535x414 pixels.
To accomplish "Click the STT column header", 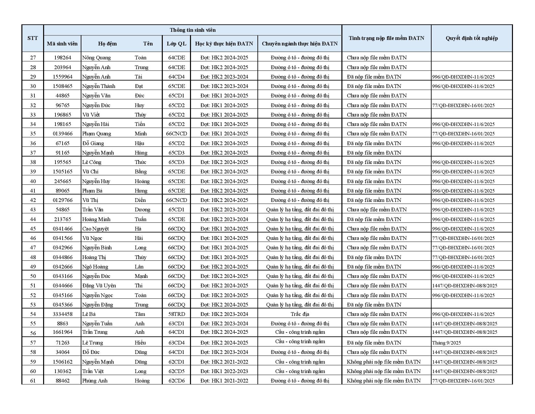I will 32,38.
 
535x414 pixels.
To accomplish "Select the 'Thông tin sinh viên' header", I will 193,30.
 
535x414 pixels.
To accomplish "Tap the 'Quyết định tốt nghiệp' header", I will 471,38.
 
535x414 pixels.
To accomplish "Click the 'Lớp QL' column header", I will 176,44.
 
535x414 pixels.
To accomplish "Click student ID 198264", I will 63,58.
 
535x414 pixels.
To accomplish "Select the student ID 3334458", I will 63,314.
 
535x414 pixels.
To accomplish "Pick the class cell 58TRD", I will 176,314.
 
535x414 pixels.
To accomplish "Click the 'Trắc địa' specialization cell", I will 300,314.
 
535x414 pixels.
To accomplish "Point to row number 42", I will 33,200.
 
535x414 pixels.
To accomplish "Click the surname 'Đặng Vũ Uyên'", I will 99,285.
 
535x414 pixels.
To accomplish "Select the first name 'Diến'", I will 140,200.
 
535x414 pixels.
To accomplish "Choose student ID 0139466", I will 63,133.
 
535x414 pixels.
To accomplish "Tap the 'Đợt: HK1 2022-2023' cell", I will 224,371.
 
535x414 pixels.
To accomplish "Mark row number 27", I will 33,58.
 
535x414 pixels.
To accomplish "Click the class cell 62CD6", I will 176,381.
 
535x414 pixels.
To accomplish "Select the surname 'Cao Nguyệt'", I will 95,229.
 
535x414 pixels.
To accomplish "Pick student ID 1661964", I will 63,332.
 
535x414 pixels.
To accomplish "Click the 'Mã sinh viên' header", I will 62,44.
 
